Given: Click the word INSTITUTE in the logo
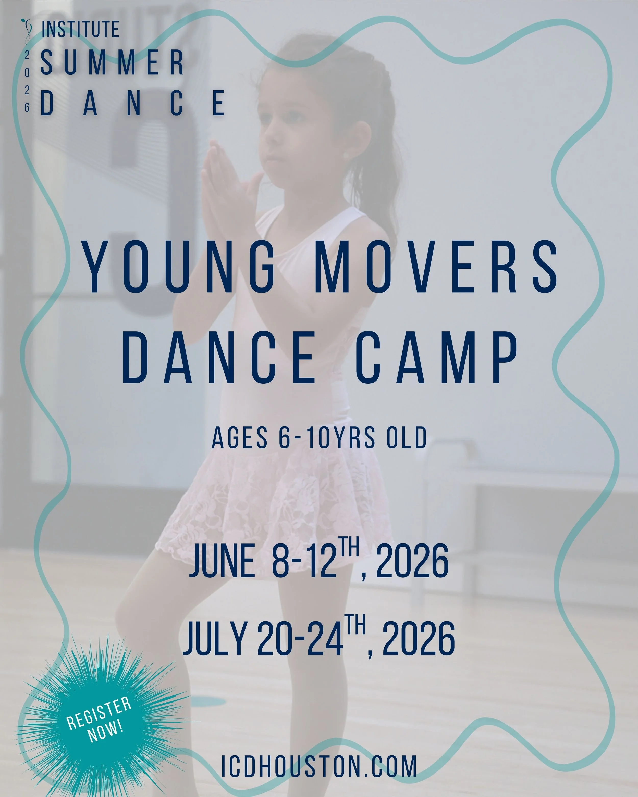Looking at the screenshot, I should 80,30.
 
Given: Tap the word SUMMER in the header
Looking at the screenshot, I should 112,63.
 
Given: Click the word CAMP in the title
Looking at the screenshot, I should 436,357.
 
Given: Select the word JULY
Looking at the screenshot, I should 215,638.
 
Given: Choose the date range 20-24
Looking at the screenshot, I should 300,638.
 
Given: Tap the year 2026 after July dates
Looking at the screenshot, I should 418,638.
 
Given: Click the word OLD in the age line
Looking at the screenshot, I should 407,438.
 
